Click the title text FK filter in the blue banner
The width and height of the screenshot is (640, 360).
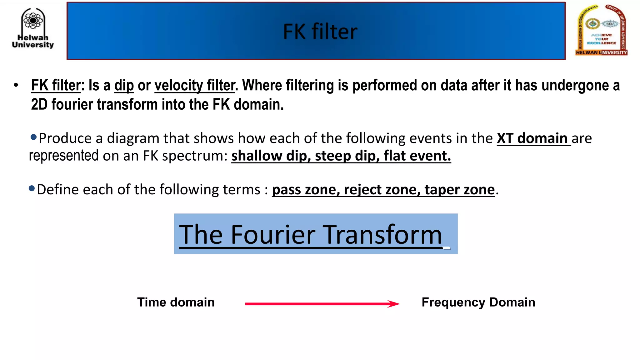(x=320, y=32)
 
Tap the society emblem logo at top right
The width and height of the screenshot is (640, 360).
(x=601, y=31)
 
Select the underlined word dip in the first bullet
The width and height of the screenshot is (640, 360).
(x=124, y=86)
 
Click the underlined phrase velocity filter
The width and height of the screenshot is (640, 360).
(x=194, y=86)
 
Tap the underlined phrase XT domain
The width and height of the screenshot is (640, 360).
(x=532, y=138)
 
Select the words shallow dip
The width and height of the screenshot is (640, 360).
(x=271, y=156)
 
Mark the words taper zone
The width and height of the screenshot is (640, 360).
(x=460, y=190)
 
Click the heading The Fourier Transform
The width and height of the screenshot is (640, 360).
(x=311, y=234)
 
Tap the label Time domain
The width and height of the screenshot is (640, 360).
(x=176, y=302)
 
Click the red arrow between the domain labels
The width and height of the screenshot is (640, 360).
(x=322, y=304)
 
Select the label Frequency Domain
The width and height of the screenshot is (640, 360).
(x=478, y=302)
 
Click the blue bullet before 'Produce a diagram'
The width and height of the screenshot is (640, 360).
(x=34, y=137)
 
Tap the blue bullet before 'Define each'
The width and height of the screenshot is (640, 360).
(x=32, y=188)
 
